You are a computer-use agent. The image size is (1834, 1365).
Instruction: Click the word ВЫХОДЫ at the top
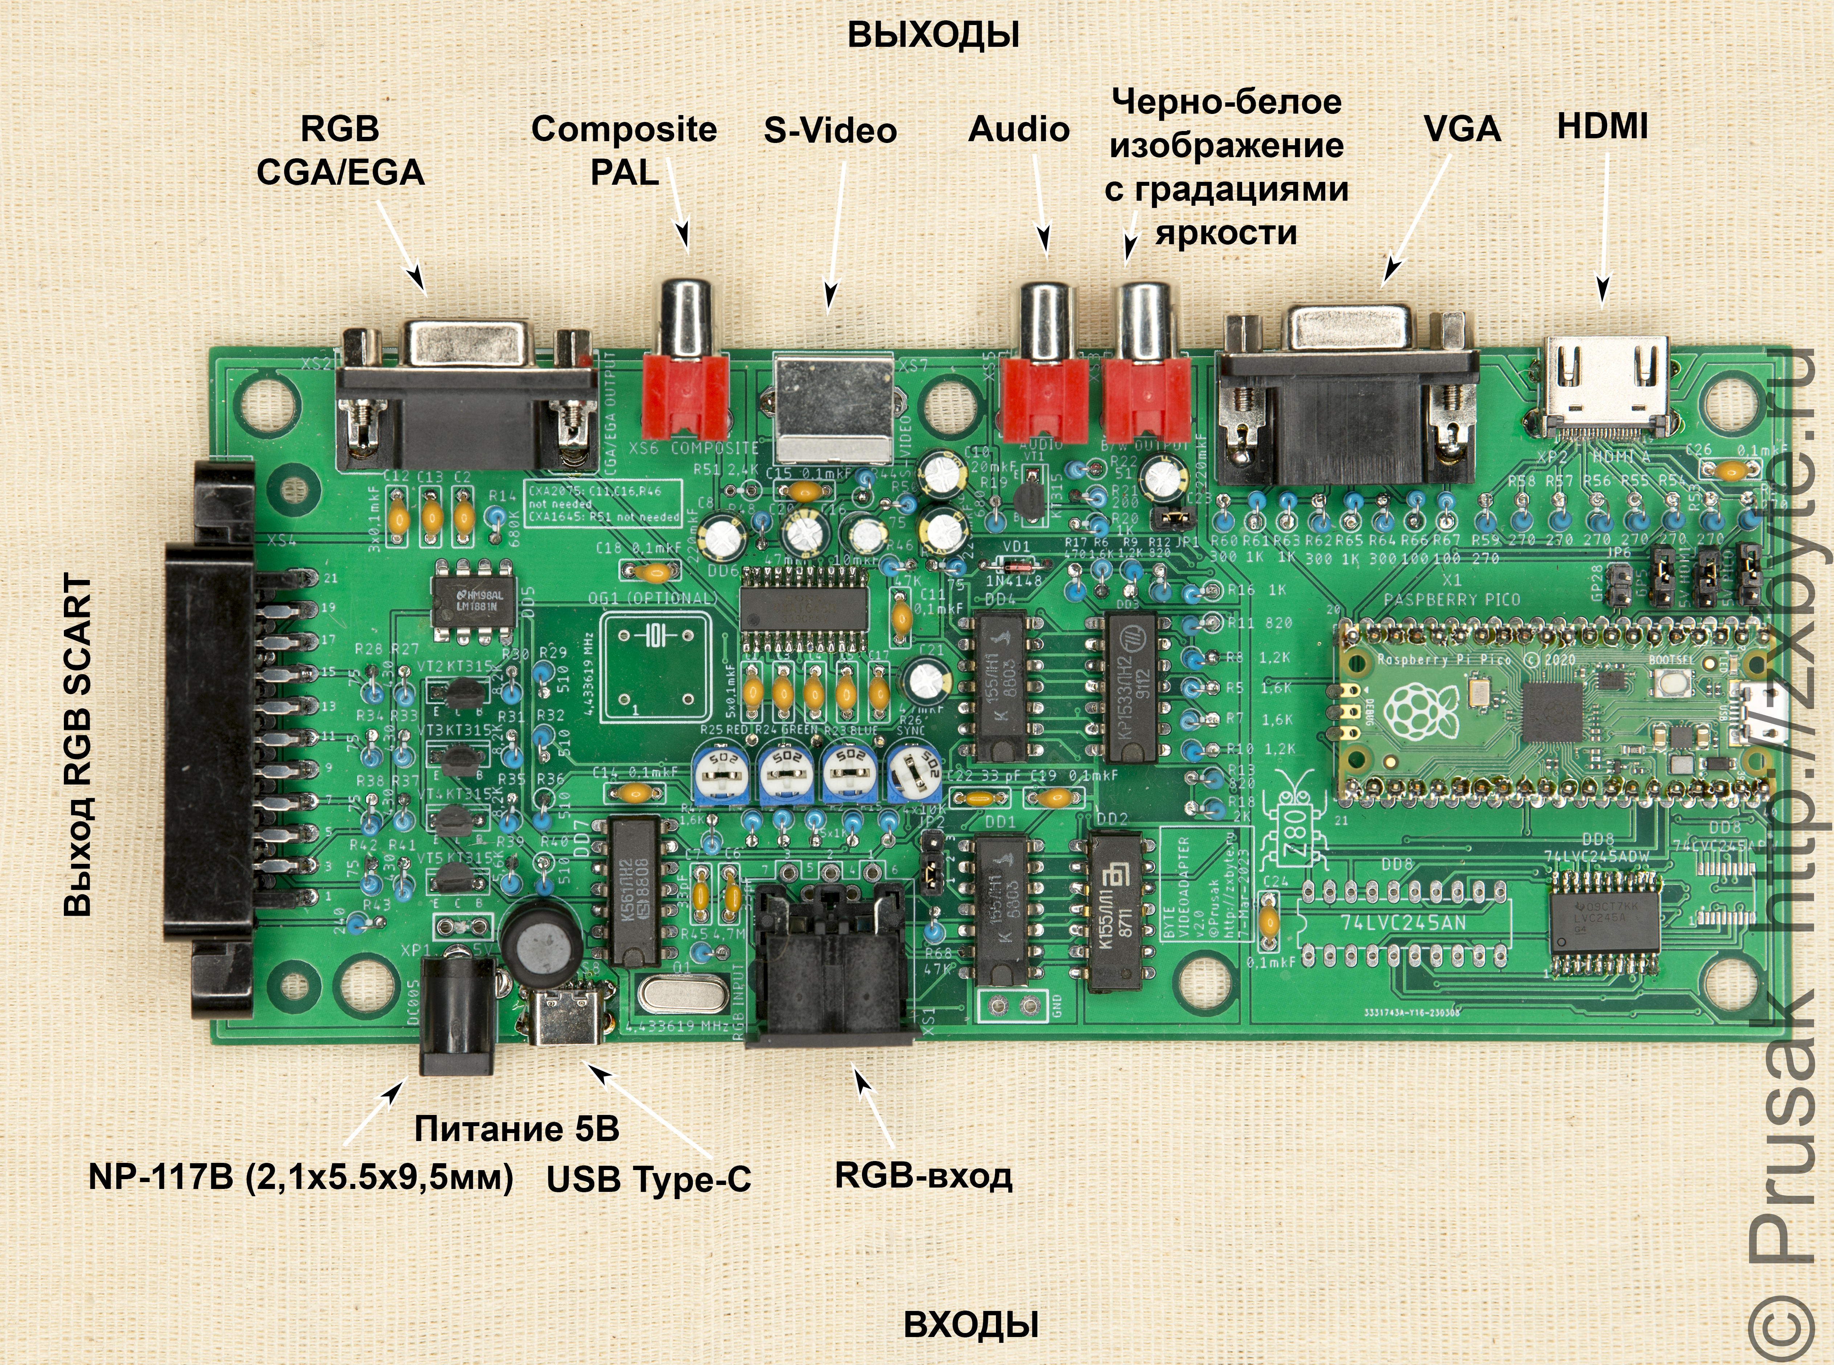coord(934,36)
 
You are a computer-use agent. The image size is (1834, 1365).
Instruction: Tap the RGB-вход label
coord(924,1175)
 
